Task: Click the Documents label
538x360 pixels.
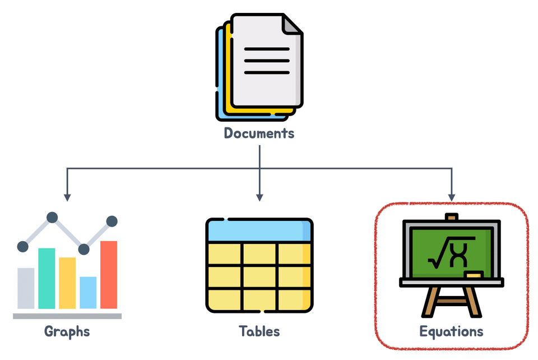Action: tap(259, 133)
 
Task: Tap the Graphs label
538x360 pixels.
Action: tap(67, 331)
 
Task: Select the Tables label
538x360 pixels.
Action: tap(259, 331)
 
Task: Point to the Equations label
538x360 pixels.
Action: tap(451, 331)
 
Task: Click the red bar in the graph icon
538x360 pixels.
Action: tap(109, 274)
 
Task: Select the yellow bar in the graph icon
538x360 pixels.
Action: tap(67, 283)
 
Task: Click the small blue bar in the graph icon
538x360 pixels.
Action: tap(88, 292)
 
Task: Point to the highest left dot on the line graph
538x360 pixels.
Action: tap(52, 217)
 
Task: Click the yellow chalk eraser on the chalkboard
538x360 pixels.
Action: tap(474, 275)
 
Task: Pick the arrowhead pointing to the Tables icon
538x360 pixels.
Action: tap(259, 197)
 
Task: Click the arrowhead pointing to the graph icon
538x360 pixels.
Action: tap(67, 197)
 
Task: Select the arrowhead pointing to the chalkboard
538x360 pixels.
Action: tap(451, 197)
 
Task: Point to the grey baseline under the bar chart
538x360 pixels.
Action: tap(67, 316)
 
